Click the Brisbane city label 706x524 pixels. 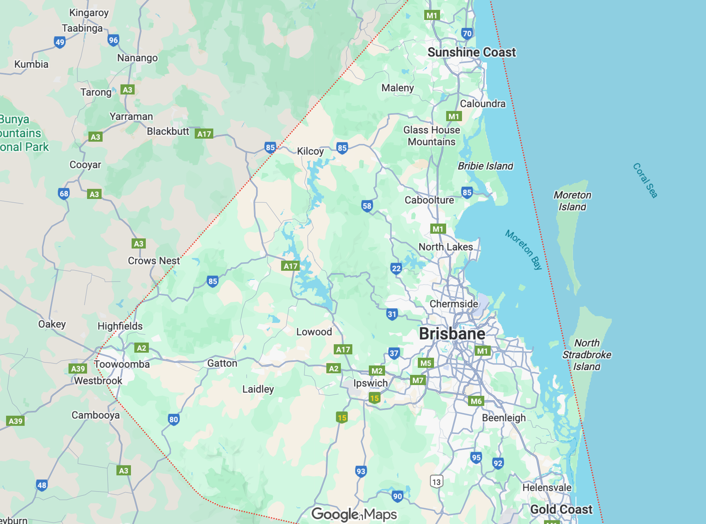point(452,334)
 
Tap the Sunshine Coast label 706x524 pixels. point(471,52)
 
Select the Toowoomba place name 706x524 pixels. point(122,364)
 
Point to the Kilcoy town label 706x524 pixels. point(310,151)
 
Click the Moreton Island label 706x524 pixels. point(572,201)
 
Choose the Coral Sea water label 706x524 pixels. point(645,180)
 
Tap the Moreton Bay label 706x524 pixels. point(523,249)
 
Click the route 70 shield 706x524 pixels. point(467,33)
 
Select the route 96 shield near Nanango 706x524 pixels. point(113,41)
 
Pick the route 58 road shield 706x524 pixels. point(367,206)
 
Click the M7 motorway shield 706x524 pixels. point(417,380)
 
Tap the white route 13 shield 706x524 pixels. point(436,481)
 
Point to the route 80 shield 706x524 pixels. point(174,420)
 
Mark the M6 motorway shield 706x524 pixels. point(476,401)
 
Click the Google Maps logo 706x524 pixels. point(354,514)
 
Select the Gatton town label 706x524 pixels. point(222,363)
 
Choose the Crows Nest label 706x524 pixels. point(154,261)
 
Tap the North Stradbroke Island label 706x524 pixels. point(586,355)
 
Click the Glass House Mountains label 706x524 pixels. point(432,136)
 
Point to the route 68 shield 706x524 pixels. point(64,193)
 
